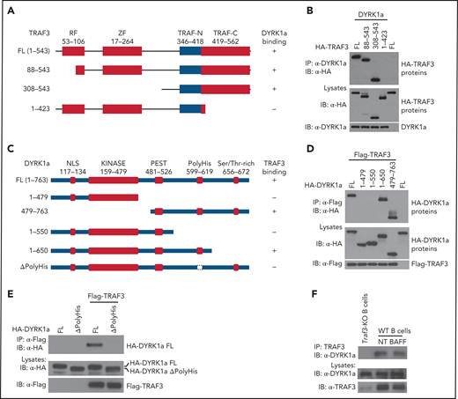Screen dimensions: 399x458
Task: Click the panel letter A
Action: pyautogui.click(x=11, y=11)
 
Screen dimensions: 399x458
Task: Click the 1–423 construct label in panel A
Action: pyautogui.click(x=24, y=108)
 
